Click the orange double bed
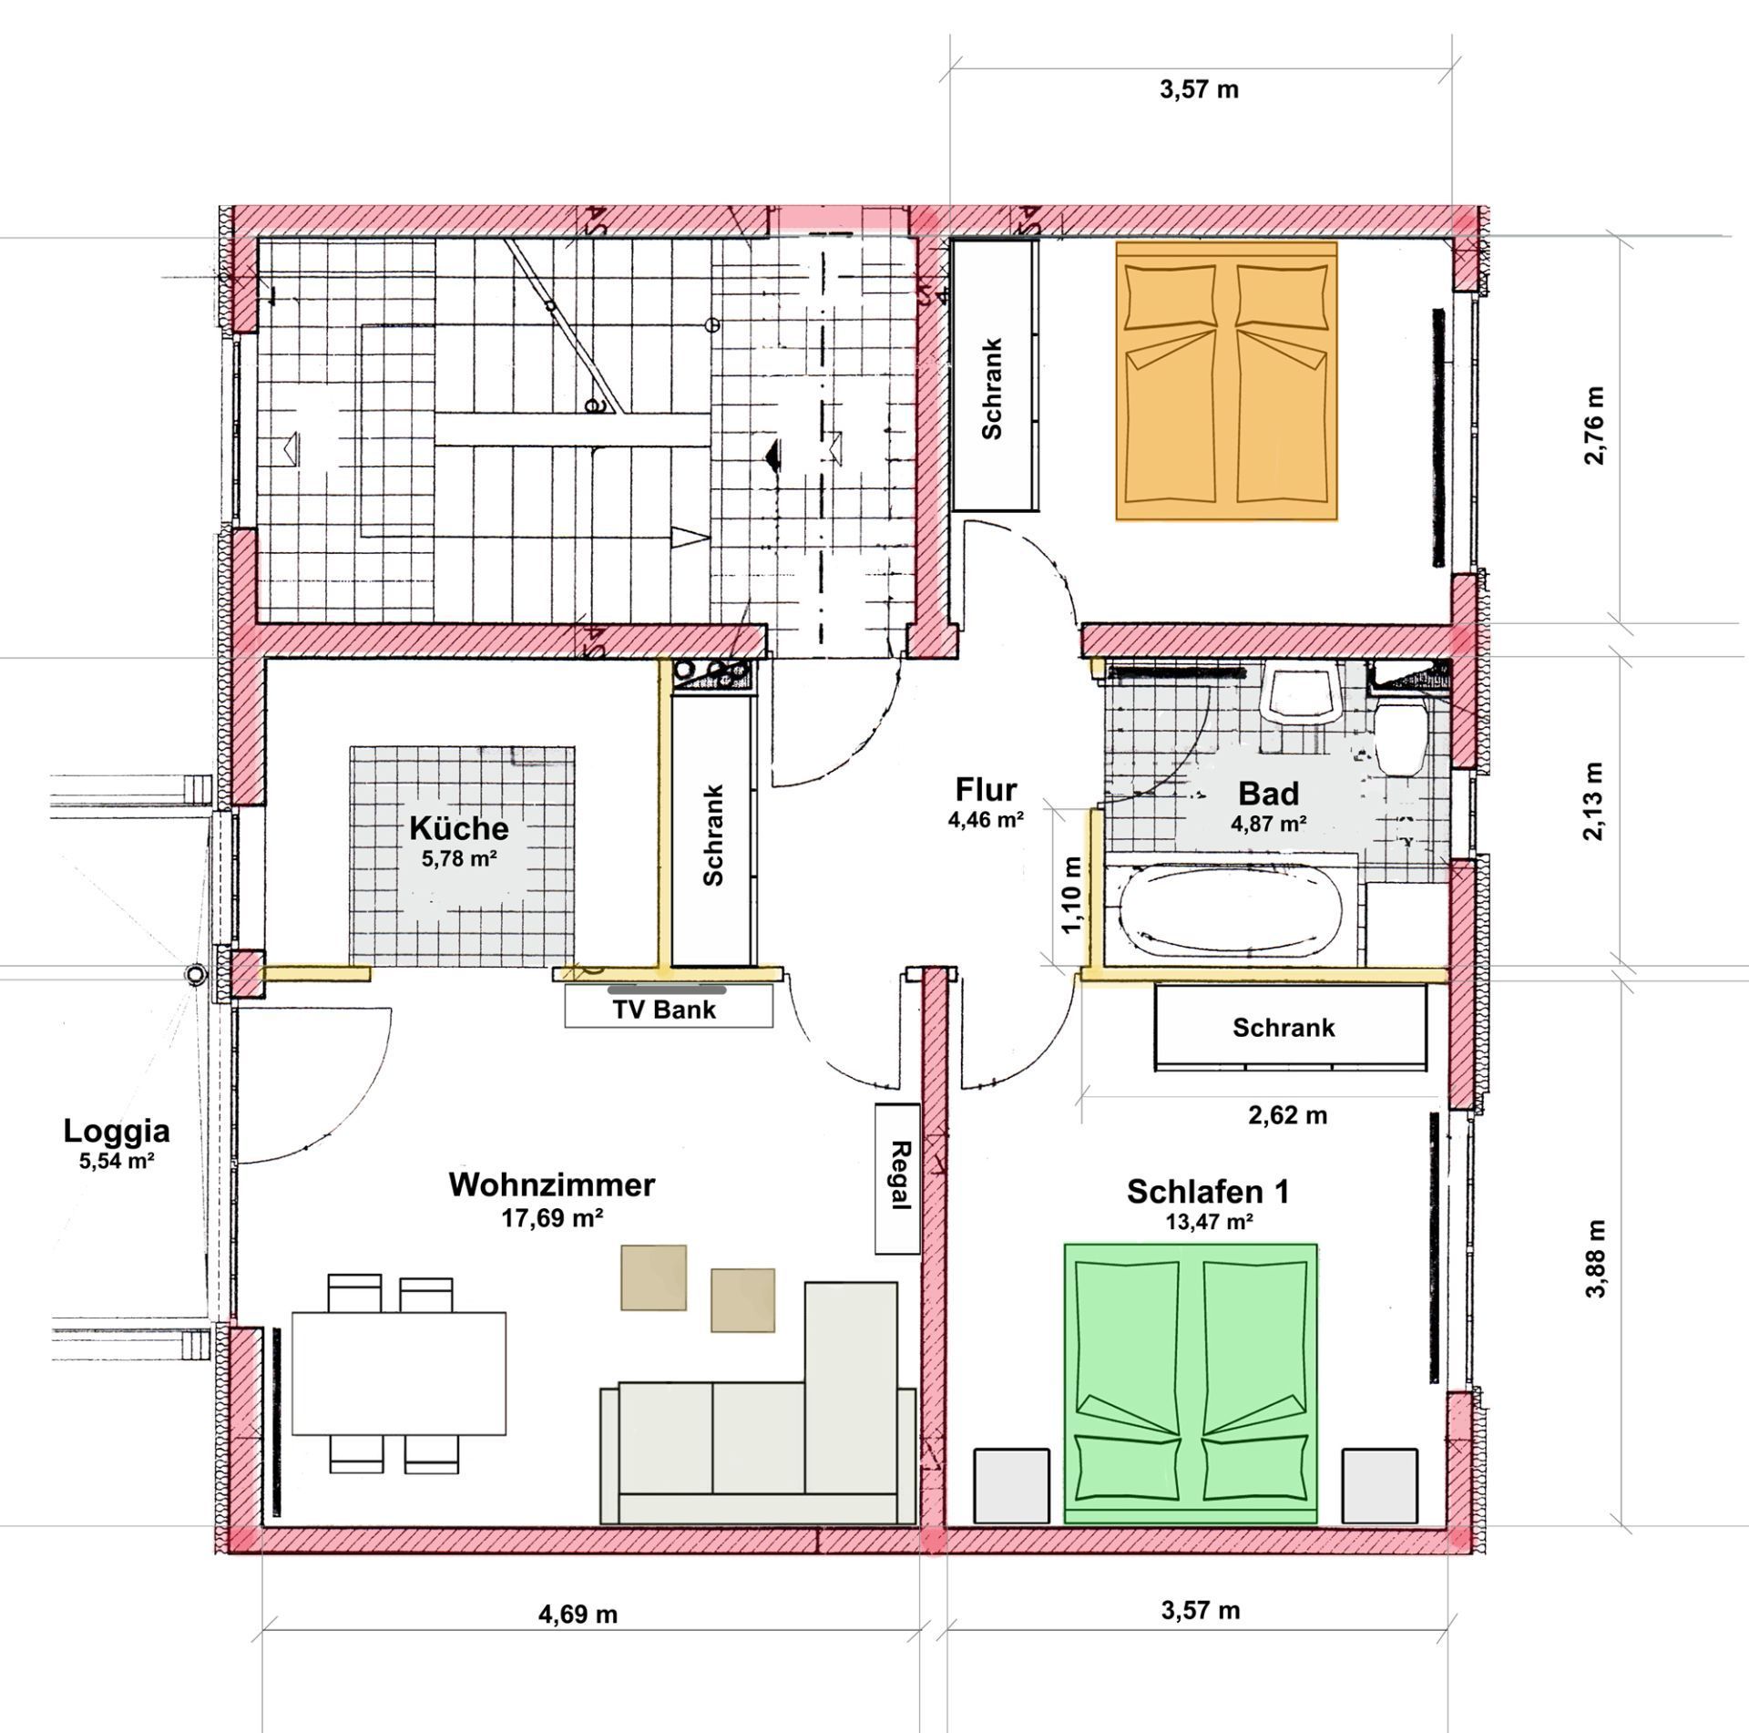[x=1226, y=381]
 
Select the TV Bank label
[x=664, y=1010]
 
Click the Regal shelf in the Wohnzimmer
[x=898, y=1178]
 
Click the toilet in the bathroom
[x=1400, y=736]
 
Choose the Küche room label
[x=458, y=828]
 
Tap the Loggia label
[x=117, y=1131]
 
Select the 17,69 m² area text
[x=553, y=1217]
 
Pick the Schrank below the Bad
[x=1284, y=1027]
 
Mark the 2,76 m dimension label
[x=1594, y=426]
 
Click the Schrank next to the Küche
[x=713, y=834]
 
